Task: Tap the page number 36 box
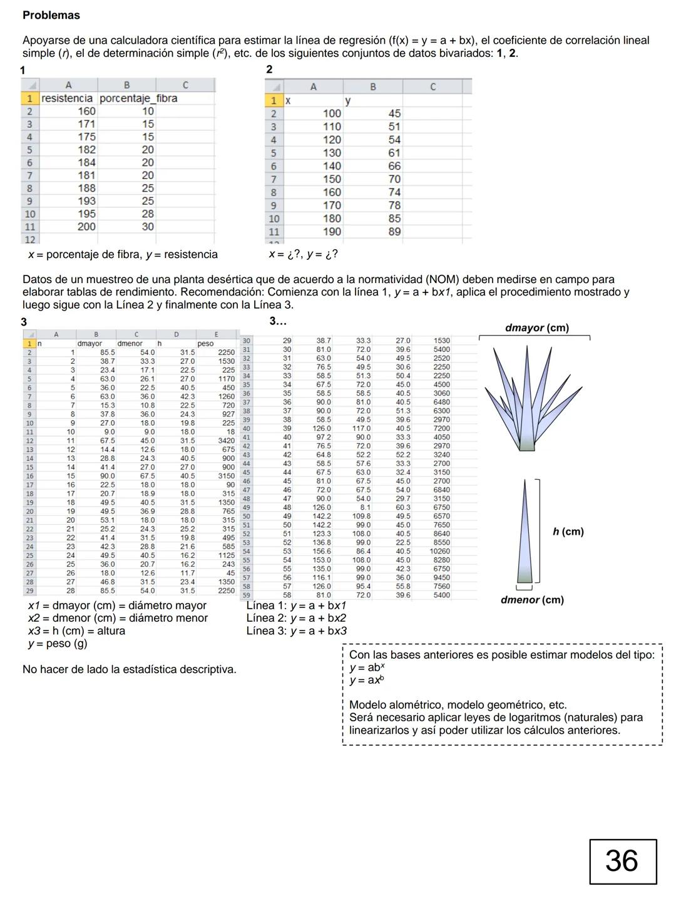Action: tap(622, 862)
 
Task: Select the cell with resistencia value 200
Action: tap(86, 227)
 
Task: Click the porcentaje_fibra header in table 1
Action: tap(138, 98)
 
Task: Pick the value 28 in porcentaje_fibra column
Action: tap(147, 214)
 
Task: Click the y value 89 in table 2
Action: tap(394, 232)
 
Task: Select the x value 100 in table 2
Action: tap(332, 113)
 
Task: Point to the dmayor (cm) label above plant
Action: tap(536, 328)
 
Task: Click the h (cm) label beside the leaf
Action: tap(568, 532)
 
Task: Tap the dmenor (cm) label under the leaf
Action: tap(532, 600)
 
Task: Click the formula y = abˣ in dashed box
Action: tap(367, 667)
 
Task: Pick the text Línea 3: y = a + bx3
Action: tap(296, 631)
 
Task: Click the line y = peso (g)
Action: tap(58, 644)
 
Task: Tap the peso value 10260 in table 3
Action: tap(439, 552)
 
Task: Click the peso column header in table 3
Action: tap(205, 344)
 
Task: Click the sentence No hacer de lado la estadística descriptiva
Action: tap(129, 669)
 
